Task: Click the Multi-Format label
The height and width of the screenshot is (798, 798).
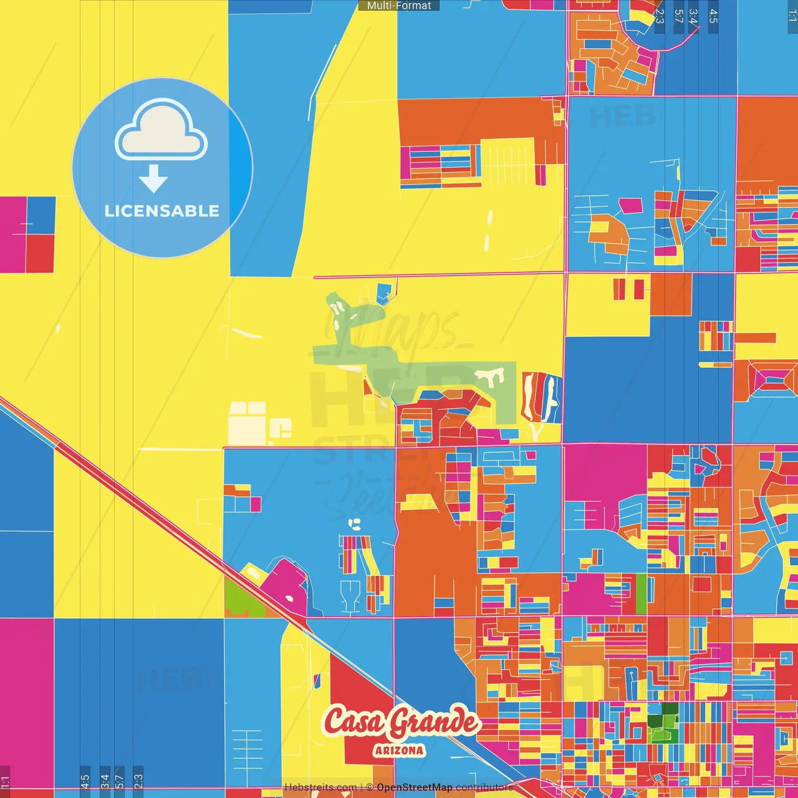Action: coord(399,6)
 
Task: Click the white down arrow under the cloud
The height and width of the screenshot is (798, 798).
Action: coord(153,178)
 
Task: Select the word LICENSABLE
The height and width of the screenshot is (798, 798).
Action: coord(162,211)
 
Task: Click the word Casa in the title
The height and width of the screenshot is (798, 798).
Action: coord(352,722)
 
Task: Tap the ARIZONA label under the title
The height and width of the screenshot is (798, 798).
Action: coord(400,751)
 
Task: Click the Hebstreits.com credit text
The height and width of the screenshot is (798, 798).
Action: coord(320,787)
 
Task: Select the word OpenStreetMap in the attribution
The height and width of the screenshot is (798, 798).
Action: coord(415,787)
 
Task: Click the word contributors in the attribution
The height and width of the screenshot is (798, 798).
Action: coord(484,787)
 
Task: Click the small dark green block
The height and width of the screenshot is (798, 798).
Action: coord(670,708)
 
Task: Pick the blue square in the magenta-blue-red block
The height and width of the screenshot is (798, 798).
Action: coord(41,215)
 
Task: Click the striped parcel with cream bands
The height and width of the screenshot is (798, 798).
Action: coord(541,397)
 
